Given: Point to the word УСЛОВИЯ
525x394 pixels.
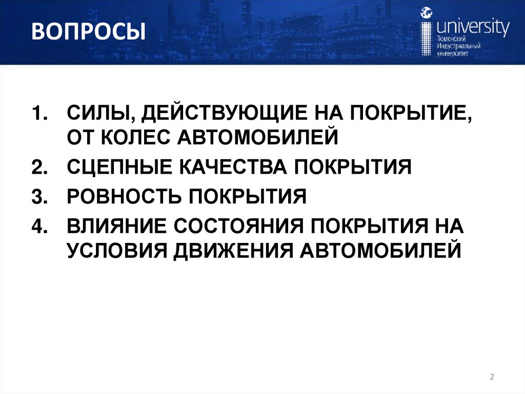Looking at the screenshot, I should pos(116,251).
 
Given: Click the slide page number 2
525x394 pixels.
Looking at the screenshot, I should pos(492,378).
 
